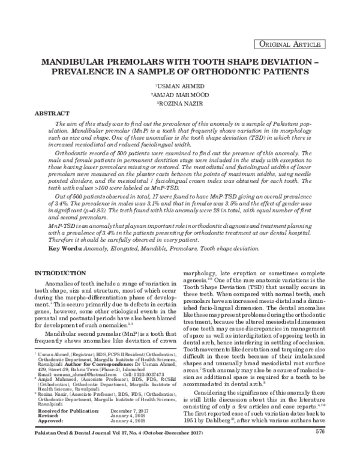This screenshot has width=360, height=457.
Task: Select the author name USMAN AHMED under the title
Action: (181, 86)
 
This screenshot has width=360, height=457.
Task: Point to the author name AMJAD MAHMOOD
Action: (181, 95)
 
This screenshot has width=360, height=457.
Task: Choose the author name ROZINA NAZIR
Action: (181, 104)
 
